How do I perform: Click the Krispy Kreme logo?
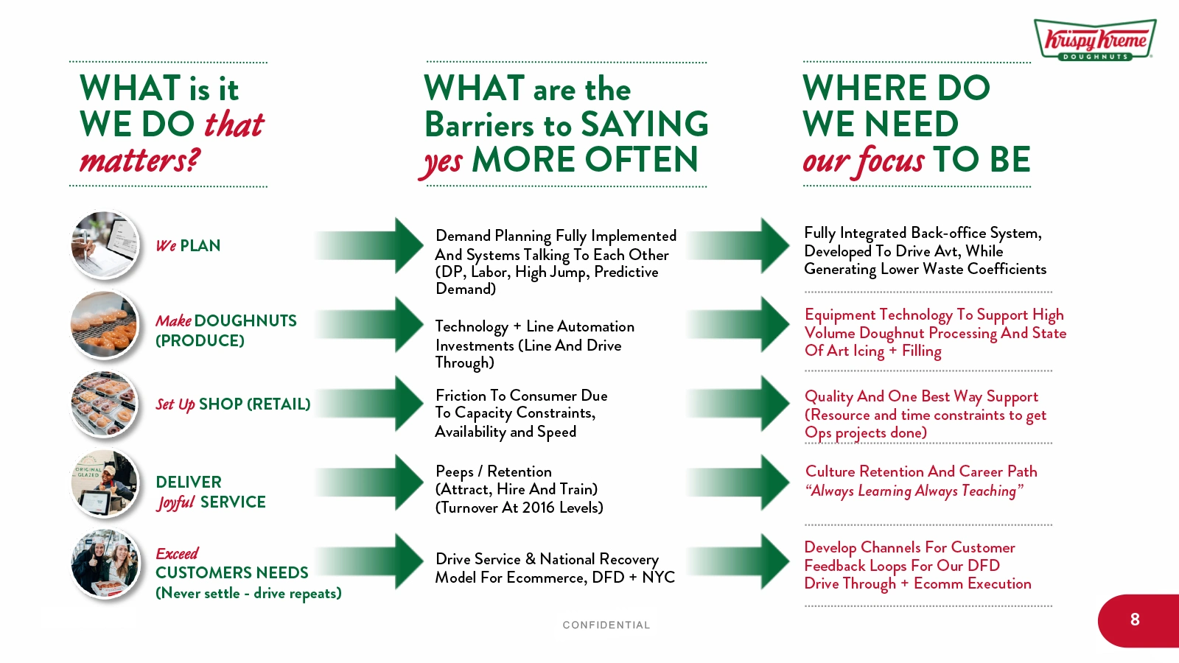[x=1094, y=40]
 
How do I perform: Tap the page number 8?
[x=1135, y=620]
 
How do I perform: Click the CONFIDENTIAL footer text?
[x=606, y=625]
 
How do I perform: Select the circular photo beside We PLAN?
[x=105, y=245]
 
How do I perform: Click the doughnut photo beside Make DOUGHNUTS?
[x=105, y=325]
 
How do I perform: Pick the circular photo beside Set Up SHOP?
[x=105, y=404]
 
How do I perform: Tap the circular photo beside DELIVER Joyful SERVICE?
[x=105, y=484]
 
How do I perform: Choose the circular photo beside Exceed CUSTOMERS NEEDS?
[x=105, y=564]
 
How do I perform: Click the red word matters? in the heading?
[x=139, y=160]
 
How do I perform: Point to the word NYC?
[x=658, y=578]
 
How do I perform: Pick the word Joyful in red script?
[x=175, y=502]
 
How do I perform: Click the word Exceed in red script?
[x=177, y=553]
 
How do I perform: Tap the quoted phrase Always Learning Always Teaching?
[x=914, y=491]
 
